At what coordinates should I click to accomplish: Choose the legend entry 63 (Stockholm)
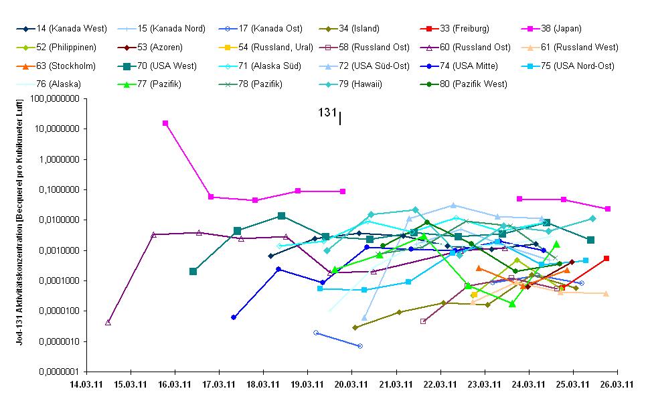(67, 66)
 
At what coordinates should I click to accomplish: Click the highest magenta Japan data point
(165, 123)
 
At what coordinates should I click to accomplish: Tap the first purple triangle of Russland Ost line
(108, 322)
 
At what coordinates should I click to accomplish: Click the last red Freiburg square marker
(606, 258)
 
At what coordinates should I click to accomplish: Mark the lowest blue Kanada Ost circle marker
(360, 346)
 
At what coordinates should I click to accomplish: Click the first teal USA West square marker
(193, 271)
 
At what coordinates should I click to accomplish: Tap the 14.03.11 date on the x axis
(88, 385)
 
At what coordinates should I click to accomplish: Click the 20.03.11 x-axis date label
(352, 385)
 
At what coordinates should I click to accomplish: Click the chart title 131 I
(330, 114)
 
